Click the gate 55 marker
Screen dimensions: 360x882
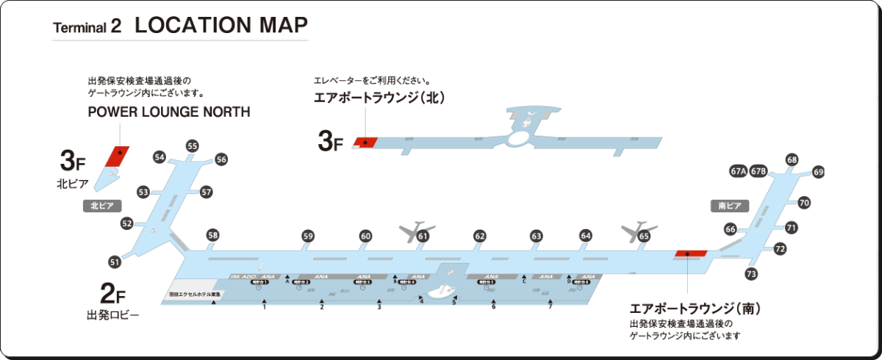pyautogui.click(x=193, y=146)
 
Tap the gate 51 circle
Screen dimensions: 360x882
pyautogui.click(x=115, y=262)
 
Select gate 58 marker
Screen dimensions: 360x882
pyautogui.click(x=212, y=235)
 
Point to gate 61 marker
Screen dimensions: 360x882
pyautogui.click(x=423, y=237)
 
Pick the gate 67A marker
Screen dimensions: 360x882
pyautogui.click(x=738, y=171)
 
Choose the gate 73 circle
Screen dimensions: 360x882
pyautogui.click(x=750, y=274)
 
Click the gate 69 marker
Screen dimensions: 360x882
pyautogui.click(x=818, y=173)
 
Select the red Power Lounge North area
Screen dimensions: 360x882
pyautogui.click(x=116, y=156)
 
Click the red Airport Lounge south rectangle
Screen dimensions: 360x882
pyautogui.click(x=690, y=253)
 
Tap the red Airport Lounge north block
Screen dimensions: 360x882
pyautogui.click(x=365, y=141)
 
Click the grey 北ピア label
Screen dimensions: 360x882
pyautogui.click(x=102, y=206)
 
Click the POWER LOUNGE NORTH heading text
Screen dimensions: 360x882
pyautogui.click(x=169, y=112)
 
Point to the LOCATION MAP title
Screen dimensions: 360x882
pyautogui.click(x=220, y=25)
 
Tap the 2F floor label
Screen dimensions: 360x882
pyautogui.click(x=112, y=296)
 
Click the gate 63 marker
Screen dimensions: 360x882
pyautogui.click(x=537, y=236)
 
